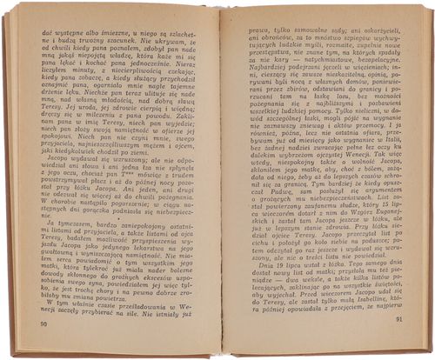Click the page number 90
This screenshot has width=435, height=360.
coord(43,323)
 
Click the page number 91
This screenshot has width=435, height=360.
coord(397,318)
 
